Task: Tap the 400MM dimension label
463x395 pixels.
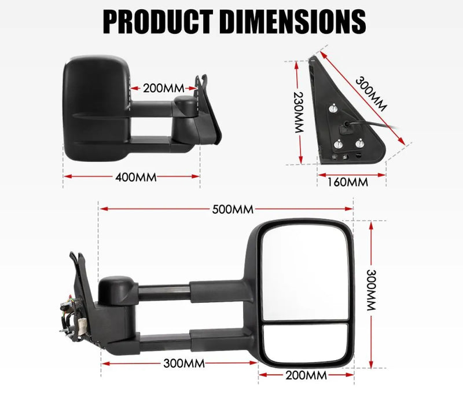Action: point(137,177)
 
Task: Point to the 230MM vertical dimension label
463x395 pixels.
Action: point(299,113)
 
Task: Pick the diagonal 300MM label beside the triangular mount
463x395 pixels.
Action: point(370,95)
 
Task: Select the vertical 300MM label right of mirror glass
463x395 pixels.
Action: point(370,290)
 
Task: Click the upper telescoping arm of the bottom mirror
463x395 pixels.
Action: point(191,289)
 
